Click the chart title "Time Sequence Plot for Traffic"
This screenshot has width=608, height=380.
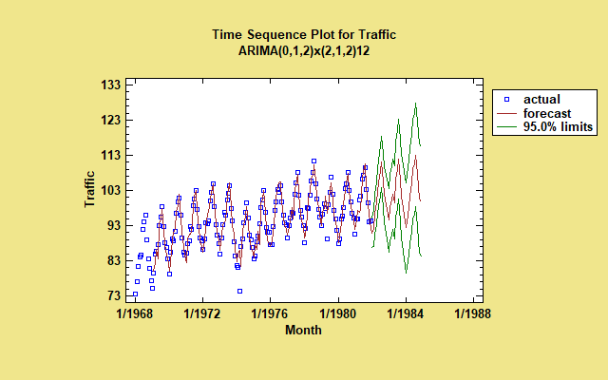pyautogui.click(x=303, y=34)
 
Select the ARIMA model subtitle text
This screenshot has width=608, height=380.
pyautogui.click(x=303, y=49)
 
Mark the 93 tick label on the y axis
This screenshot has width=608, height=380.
pyautogui.click(x=112, y=226)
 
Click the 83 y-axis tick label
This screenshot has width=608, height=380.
pyautogui.click(x=112, y=261)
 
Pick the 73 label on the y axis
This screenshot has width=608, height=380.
pyautogui.click(x=112, y=296)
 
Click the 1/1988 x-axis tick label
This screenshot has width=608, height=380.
pyautogui.click(x=474, y=313)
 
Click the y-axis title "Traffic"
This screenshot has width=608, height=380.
pyautogui.click(x=89, y=189)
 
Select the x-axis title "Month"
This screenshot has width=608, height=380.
pyautogui.click(x=303, y=331)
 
